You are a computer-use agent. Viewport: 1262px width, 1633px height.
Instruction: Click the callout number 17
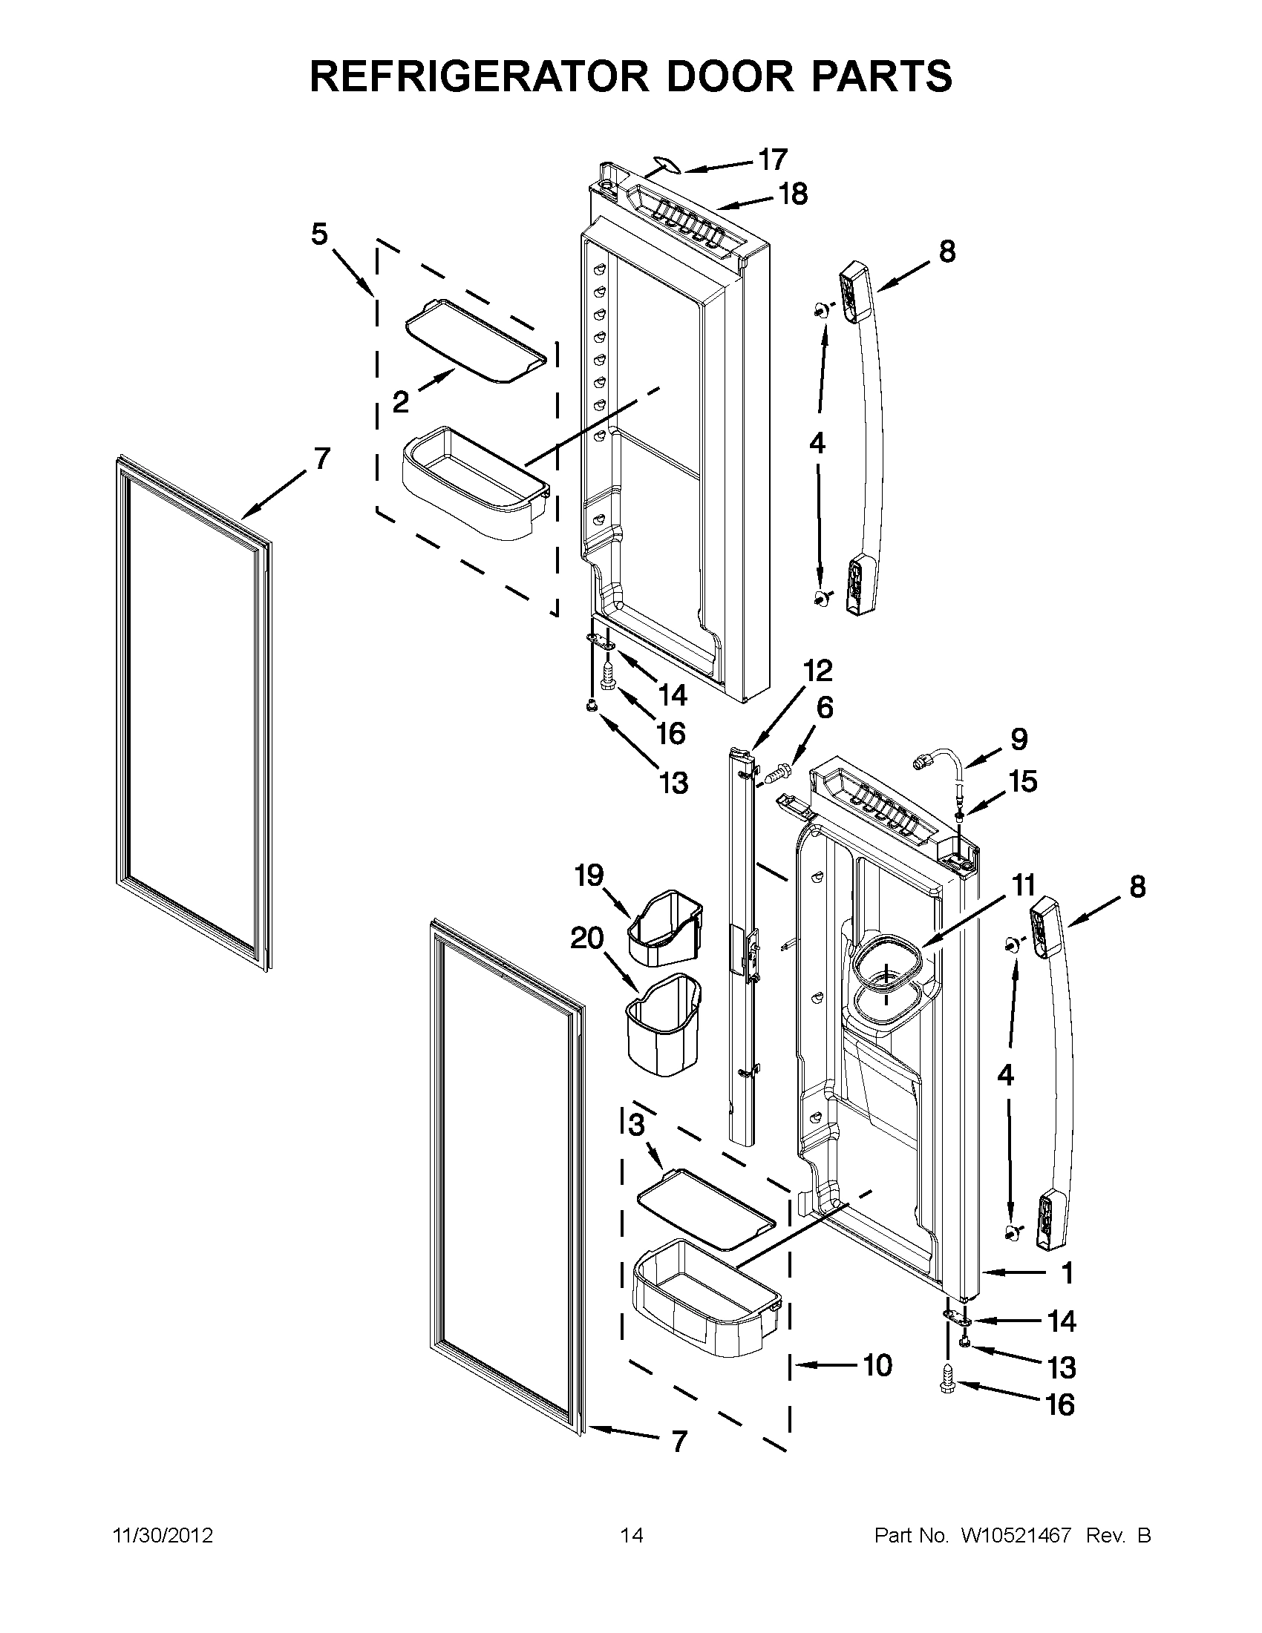coord(773,160)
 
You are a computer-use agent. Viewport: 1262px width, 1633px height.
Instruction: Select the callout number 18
coord(793,194)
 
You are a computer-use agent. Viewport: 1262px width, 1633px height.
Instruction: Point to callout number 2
coord(401,403)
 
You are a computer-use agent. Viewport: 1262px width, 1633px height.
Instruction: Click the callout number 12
coord(817,671)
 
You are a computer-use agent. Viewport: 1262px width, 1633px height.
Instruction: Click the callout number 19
coord(589,875)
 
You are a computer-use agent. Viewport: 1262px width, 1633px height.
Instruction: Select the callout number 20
coord(586,938)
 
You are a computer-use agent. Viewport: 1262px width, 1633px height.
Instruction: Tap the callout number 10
coord(877,1365)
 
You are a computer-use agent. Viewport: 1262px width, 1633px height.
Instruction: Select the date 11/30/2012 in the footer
coord(163,1536)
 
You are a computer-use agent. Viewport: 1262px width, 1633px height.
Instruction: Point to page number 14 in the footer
coord(632,1536)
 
